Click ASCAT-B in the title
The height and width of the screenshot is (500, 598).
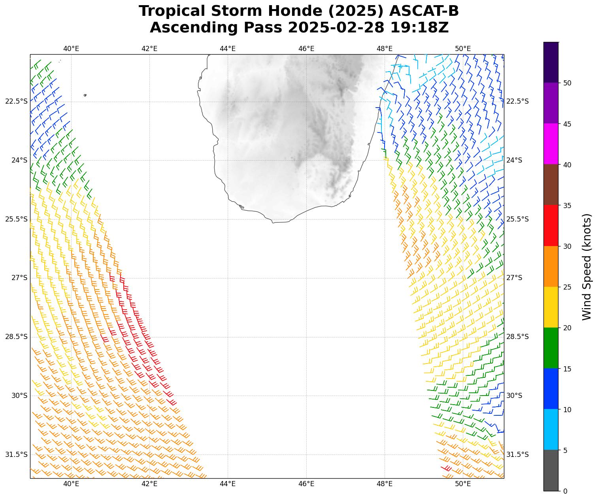pos(424,11)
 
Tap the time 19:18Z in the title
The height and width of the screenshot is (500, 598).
pos(419,28)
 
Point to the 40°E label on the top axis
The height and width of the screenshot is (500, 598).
pos(71,49)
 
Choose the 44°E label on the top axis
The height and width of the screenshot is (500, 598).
pos(228,49)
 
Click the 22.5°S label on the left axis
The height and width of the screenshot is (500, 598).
pos(17,101)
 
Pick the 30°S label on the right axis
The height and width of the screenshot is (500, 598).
pos(514,396)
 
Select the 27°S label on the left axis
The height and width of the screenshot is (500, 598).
pos(19,278)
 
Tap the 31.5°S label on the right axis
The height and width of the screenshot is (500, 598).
pos(517,455)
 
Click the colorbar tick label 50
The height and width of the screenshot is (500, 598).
pos(567,83)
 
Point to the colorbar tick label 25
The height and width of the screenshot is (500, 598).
pos(567,287)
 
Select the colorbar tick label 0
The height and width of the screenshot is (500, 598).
pos(565,491)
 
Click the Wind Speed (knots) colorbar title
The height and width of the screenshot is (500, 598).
pos(587,267)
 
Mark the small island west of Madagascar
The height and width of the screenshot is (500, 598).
pos(85,95)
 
